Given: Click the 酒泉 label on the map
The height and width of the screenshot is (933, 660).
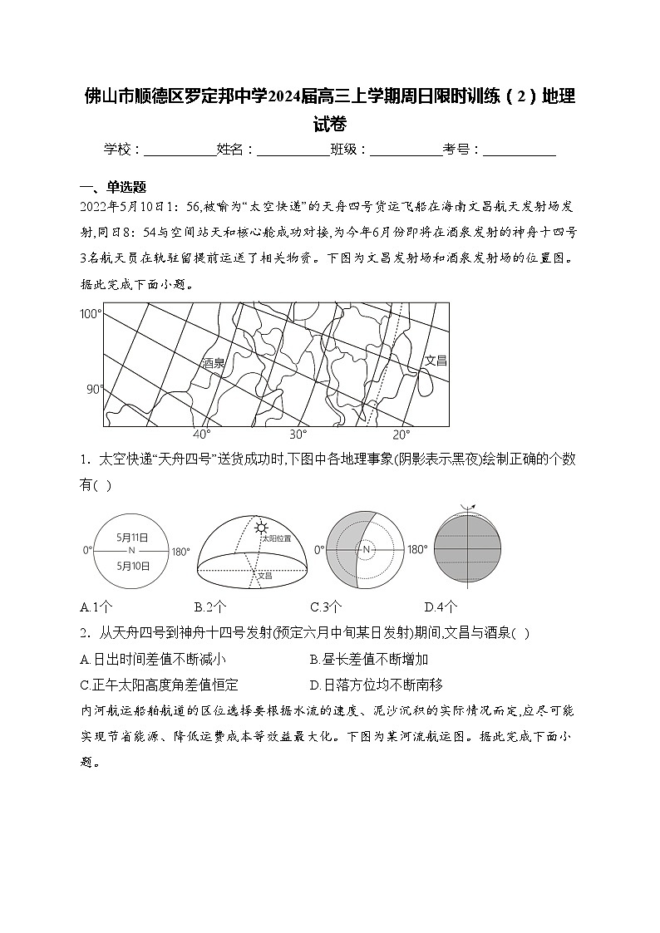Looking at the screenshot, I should [x=214, y=363].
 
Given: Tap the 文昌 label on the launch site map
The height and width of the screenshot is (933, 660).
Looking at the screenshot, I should [x=436, y=360].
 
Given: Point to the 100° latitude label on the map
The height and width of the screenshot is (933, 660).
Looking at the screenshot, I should [x=90, y=314].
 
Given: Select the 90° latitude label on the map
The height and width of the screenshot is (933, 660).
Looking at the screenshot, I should [x=95, y=389].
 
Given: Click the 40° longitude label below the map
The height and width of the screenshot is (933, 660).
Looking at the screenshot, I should [x=202, y=435].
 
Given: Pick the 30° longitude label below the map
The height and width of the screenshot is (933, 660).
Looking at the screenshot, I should [x=298, y=435].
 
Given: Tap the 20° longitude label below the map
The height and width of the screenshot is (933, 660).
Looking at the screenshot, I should [x=401, y=435].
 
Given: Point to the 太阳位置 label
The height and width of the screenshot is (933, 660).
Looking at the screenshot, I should [x=277, y=538].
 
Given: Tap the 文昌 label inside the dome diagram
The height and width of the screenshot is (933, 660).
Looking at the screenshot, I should [x=264, y=575].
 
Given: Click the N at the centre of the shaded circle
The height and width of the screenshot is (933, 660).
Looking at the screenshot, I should [x=366, y=550].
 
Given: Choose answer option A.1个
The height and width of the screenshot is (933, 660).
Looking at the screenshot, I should [x=96, y=606].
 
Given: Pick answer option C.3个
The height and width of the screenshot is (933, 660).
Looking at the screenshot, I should [x=326, y=606].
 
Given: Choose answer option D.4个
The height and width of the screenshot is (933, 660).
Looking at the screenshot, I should [x=441, y=606].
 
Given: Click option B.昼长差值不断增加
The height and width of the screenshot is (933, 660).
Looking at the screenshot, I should [x=368, y=659].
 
